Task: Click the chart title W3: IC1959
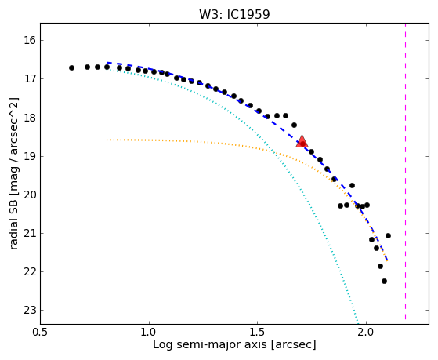(x=234, y=14)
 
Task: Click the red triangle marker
(x=302, y=141)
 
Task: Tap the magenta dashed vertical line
(x=405, y=172)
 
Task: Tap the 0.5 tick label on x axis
(x=41, y=332)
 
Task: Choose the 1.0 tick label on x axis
(x=149, y=332)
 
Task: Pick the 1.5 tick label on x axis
(x=258, y=332)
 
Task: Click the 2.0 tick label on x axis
(x=366, y=332)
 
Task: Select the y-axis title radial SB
(x=13, y=223)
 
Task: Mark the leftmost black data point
(x=71, y=67)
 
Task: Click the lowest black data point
(x=385, y=281)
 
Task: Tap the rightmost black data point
(x=388, y=236)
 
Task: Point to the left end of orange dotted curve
(x=107, y=140)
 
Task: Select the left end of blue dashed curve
(x=107, y=63)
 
